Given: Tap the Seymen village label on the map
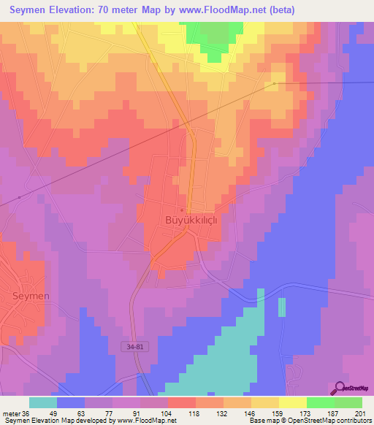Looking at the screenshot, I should tap(31, 296).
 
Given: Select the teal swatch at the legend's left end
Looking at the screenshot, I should tap(43, 402).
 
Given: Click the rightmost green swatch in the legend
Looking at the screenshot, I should tap(348, 402).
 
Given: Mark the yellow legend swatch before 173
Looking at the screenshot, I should tap(292, 402).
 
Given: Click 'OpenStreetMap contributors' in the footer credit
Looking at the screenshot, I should tap(327, 421).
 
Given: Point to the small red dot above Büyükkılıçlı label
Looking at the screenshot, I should tap(182, 210).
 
